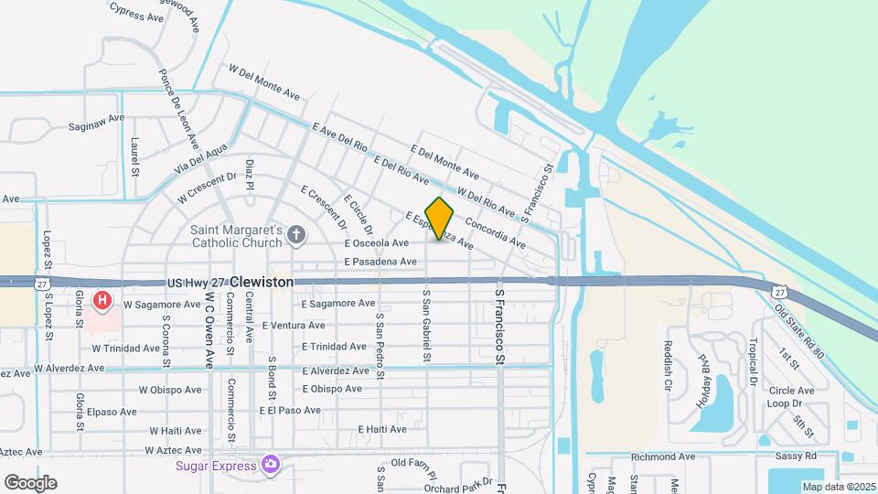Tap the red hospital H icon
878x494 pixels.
[x=104, y=299]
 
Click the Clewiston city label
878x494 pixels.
[x=262, y=283]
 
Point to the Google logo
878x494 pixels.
[x=30, y=482]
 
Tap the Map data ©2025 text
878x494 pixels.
[x=838, y=487]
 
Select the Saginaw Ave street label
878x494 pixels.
[x=96, y=121]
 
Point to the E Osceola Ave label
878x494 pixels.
[x=376, y=243]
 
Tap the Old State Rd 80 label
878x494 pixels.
[x=798, y=329]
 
